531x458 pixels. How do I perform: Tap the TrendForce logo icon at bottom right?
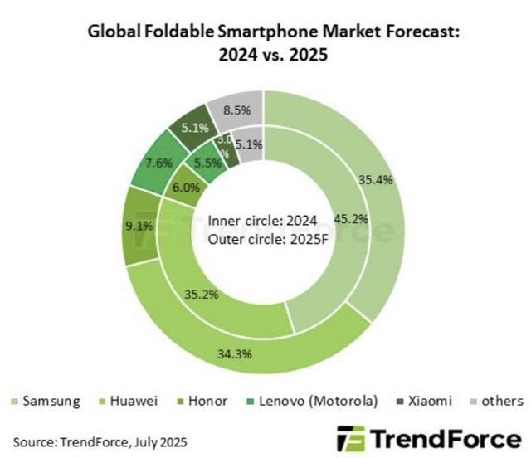[x=349, y=438]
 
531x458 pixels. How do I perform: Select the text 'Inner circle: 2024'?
[x=263, y=221]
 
